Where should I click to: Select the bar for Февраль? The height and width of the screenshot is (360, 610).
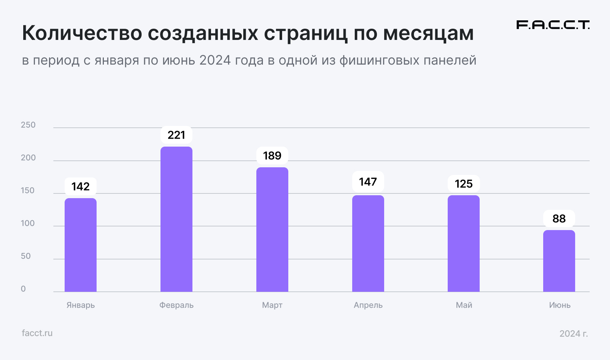pos(176,219)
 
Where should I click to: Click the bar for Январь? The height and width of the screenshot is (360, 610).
pos(81,245)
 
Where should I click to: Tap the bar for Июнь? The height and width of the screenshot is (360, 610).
pos(559,261)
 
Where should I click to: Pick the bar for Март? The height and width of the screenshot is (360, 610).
pos(272,229)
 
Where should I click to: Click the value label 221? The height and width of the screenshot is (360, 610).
pos(176,135)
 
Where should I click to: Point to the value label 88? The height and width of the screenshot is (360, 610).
pos(559,218)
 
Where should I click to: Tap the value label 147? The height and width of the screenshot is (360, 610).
pos(368,181)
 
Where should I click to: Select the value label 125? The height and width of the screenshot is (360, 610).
pos(464,184)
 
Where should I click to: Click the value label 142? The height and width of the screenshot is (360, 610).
pos(81,187)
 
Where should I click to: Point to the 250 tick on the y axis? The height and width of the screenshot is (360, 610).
pos(28,125)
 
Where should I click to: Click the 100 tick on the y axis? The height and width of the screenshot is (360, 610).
pos(28,223)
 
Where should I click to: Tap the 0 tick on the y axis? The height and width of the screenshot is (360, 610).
pos(23,289)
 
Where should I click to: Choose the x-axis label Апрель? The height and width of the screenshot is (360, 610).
pos(368,305)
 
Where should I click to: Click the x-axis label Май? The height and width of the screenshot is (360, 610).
pos(464,305)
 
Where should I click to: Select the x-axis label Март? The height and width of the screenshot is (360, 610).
pos(272,305)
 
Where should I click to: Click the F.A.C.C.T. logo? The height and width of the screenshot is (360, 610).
pos(553,25)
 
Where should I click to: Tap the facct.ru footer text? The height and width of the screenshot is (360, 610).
pos(37,333)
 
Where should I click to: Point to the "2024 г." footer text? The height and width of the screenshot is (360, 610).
pos(573,334)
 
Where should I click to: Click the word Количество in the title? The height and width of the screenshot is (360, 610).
pos(82,33)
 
